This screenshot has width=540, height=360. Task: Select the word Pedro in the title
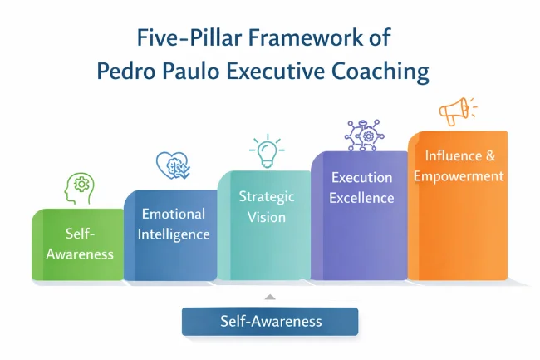coord(125,72)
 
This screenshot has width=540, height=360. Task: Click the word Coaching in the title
coord(381,72)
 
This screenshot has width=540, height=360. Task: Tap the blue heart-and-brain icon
coord(174,166)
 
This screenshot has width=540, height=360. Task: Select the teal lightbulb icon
coord(267,151)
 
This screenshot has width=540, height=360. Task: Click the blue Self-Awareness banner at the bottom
coord(270,321)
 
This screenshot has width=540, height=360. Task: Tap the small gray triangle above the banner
coord(268,297)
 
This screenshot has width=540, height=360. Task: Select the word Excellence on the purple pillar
coord(361,197)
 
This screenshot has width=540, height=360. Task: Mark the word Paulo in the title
coord(194,72)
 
